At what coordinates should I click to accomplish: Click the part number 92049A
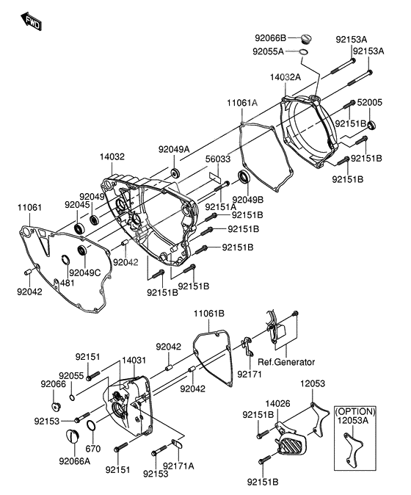click(174, 149)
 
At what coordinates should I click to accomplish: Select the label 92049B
click(249, 199)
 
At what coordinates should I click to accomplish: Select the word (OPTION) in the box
click(354, 411)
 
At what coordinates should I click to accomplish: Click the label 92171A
click(178, 466)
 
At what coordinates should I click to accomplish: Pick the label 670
click(92, 449)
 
